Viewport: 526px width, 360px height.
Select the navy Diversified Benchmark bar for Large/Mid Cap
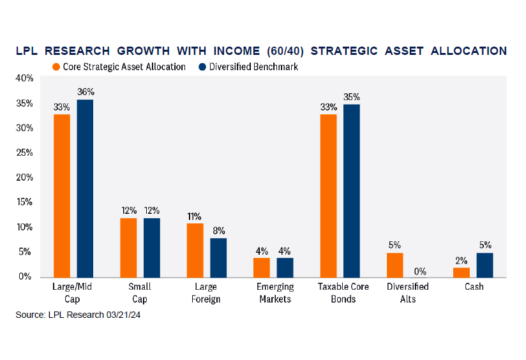tap(85, 188)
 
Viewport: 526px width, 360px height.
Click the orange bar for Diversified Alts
tap(395, 265)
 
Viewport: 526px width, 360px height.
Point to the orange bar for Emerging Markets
tap(262, 267)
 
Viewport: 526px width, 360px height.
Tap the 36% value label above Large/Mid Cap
tap(86, 92)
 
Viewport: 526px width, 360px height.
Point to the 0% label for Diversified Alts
tap(418, 271)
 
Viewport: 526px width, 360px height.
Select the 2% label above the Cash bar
tap(462, 260)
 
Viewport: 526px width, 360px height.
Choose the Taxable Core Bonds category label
tap(340, 292)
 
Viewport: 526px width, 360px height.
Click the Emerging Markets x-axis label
tap(273, 292)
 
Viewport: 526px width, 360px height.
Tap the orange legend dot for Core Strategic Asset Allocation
tap(56, 66)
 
